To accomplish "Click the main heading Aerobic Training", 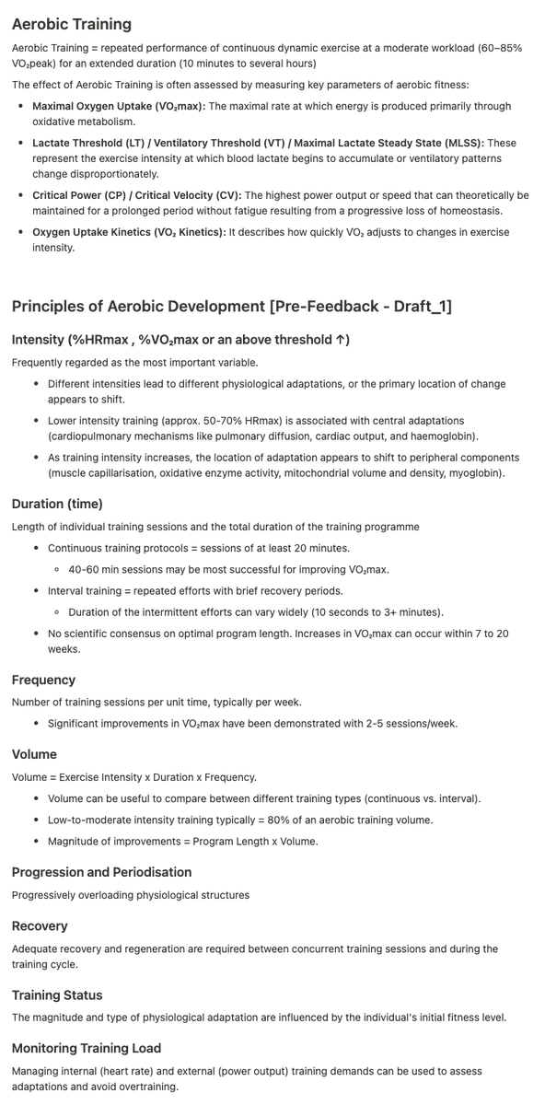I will click(x=71, y=24).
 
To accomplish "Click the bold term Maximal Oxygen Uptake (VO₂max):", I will click(x=120, y=106).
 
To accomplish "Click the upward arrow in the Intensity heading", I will click(x=342, y=340).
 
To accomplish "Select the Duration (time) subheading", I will click(x=57, y=504).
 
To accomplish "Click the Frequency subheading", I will click(x=43, y=680).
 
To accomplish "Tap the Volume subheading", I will click(x=34, y=754).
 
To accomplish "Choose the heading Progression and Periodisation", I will click(x=101, y=872).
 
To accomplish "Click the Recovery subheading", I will click(x=40, y=925).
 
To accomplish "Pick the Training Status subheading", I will click(x=57, y=995).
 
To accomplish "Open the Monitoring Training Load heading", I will click(x=87, y=1048).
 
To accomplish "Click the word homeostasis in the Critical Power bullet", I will click(x=487, y=211).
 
